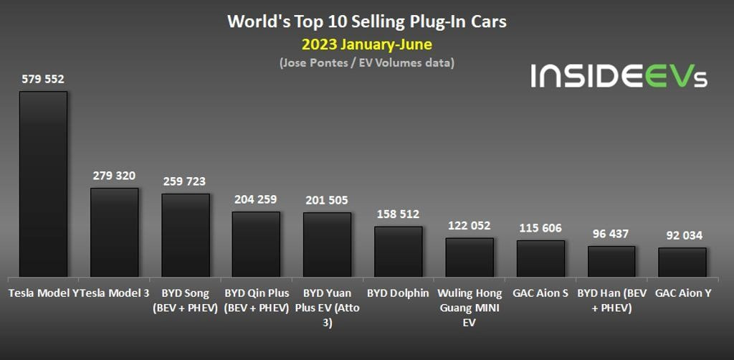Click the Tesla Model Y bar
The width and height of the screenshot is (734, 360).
tap(43, 184)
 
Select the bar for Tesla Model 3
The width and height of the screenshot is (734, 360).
tap(114, 232)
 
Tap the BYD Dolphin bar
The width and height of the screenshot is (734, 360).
tap(398, 252)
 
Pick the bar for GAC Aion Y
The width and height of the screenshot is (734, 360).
tap(682, 262)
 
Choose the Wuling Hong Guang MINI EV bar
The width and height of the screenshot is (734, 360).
tap(470, 257)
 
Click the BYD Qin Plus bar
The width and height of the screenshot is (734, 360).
tap(256, 244)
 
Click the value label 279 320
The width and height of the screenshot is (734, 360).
tap(114, 176)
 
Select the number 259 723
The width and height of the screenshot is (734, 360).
tap(185, 181)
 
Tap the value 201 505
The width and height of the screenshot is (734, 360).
tap(327, 200)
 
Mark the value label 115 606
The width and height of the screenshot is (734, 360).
tap(540, 228)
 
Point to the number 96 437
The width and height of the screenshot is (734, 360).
tap(611, 234)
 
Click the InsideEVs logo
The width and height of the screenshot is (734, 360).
tap(619, 75)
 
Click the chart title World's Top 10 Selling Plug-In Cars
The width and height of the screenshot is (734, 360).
tap(367, 22)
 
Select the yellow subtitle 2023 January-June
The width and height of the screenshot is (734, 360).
tap(367, 44)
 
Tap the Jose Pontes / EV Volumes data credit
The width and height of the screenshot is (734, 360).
tap(367, 63)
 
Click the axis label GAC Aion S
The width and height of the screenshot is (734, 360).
tap(540, 293)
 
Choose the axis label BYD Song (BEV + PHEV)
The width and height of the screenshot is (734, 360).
tap(185, 300)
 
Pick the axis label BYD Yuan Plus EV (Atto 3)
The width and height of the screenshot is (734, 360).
tap(327, 308)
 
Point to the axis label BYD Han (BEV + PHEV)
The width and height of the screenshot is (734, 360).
tap(611, 300)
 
